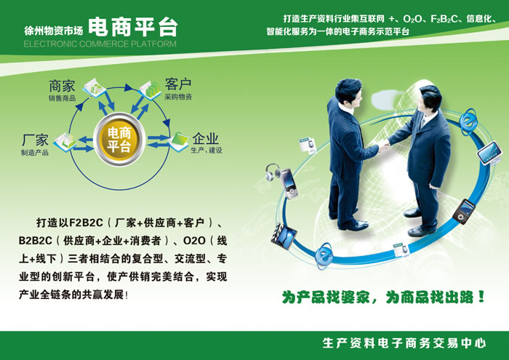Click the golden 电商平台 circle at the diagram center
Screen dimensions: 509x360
pos(119,140)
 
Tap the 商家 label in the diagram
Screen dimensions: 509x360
pos(62,87)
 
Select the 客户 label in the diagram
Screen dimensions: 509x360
pos(178,84)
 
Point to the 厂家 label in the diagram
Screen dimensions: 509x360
pos(35,140)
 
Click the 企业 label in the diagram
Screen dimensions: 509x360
pos(206,138)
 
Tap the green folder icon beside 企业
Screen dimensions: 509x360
pos(179,141)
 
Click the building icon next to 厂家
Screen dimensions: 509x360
pos(66,142)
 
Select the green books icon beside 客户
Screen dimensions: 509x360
pos(151,89)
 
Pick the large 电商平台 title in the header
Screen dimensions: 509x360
pos(133,27)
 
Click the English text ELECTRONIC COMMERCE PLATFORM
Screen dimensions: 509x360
pos(100,44)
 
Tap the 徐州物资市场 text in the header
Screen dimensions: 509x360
pos(53,31)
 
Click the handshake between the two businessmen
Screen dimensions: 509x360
pos(383,145)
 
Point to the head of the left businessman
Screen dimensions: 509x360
pos(348,92)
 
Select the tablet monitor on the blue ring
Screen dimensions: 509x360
pos(489,153)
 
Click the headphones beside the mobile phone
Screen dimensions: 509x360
pos(272,172)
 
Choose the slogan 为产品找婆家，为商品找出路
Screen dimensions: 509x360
pos(383,297)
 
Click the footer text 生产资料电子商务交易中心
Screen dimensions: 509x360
pos(404,343)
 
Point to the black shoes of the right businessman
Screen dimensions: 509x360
pos(418,223)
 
